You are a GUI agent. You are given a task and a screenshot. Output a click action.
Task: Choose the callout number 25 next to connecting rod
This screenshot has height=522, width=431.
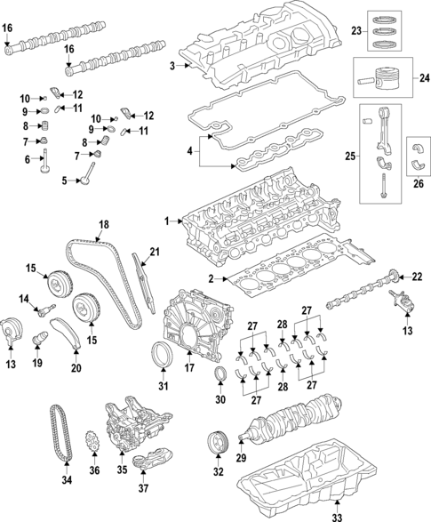click(351, 157)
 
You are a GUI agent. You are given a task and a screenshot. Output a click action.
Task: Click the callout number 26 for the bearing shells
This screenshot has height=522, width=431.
click(419, 185)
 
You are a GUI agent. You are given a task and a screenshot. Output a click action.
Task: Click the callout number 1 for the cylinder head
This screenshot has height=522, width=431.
click(165, 220)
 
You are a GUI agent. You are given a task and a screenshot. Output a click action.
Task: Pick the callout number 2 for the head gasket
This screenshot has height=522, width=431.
click(210, 278)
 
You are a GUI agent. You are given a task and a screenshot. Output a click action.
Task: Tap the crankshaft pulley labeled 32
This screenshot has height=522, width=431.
click(216, 442)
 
